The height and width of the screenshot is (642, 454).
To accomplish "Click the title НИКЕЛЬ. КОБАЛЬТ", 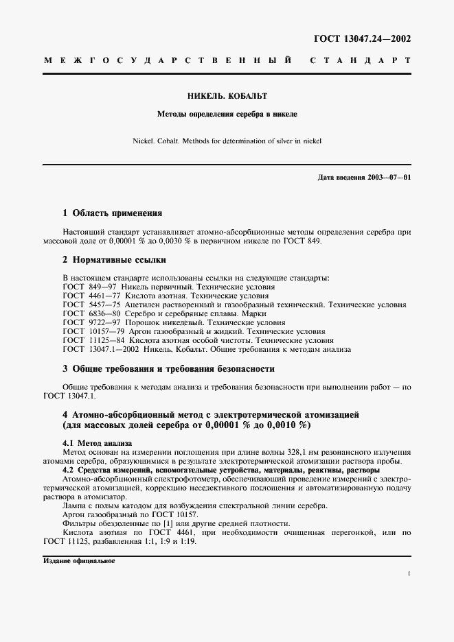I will coord(227,96).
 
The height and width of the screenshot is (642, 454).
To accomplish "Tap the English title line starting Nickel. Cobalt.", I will coord(227,141).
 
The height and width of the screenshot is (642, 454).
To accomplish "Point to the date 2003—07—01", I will coord(389,178).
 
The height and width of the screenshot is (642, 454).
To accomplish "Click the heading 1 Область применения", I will coord(113,213).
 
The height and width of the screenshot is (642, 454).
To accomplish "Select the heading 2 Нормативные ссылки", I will coord(114,261).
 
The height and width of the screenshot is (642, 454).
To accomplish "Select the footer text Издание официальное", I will coord(79,560).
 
